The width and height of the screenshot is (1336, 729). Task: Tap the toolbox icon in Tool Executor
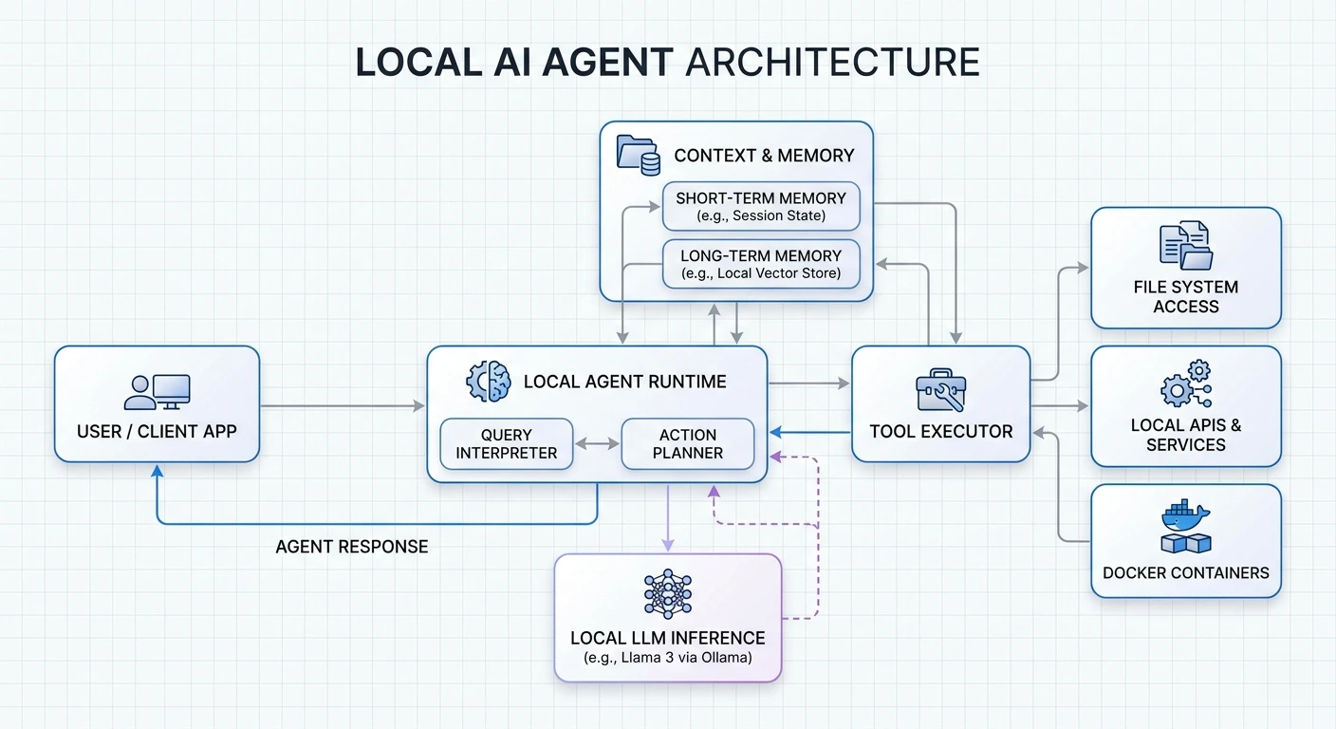pos(940,390)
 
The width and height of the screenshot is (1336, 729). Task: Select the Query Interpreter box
pos(507,444)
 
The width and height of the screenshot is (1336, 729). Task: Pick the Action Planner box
pos(688,444)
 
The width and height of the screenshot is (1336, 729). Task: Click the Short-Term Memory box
pos(761,206)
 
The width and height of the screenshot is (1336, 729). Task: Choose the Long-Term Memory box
pos(761,264)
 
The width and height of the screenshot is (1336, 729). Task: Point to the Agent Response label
pos(351,547)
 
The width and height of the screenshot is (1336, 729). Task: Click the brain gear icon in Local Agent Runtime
pos(488,382)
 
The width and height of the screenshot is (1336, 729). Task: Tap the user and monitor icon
pos(157,392)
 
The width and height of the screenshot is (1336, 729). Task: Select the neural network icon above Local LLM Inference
pos(667,595)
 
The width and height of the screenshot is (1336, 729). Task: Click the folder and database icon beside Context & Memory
pos(639,155)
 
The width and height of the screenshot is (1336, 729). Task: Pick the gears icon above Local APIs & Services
pos(1185,384)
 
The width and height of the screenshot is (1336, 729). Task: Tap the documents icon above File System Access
pos(1185,246)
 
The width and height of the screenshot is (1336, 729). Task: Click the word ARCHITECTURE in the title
pos(831,62)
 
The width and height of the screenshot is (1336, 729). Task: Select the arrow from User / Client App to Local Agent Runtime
pos(343,406)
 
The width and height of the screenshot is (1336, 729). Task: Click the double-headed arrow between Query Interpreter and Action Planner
pos(597,444)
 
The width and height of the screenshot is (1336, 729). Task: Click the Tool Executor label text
pos(940,431)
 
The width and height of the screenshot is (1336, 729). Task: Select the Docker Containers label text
pos(1185,572)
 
